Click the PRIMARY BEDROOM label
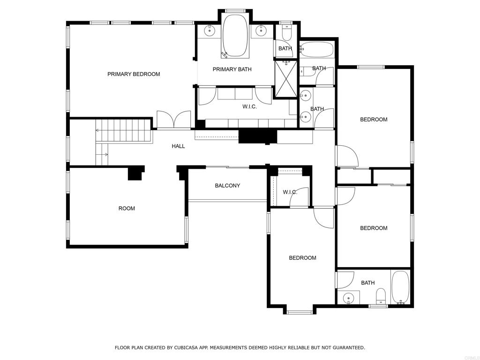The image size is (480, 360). [134, 74]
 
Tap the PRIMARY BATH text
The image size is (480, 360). [232, 69]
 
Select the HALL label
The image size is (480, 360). [178, 146]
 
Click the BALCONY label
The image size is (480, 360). [227, 186]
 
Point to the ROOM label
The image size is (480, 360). [127, 209]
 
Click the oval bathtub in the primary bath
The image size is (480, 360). [235, 35]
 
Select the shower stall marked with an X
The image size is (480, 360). [286, 79]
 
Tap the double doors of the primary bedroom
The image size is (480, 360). [174, 120]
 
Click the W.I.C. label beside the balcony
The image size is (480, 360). [290, 192]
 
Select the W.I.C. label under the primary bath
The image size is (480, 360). [249, 106]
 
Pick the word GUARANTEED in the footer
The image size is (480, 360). [349, 347]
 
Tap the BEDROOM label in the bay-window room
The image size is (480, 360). [302, 258]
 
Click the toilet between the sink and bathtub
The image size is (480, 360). [381, 296]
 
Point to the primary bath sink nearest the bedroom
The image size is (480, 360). [210, 30]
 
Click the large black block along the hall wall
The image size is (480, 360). [257, 137]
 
